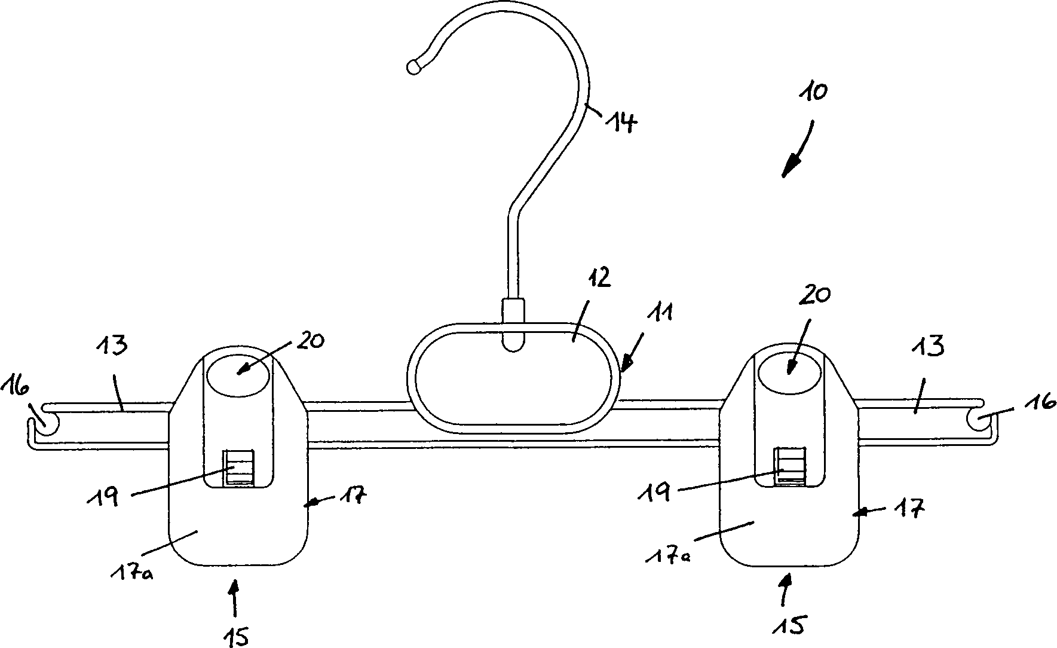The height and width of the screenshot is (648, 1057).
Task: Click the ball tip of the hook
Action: pyautogui.click(x=413, y=67)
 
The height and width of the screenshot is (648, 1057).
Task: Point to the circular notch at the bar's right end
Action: pyautogui.click(x=978, y=421)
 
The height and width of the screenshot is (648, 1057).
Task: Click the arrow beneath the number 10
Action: pyautogui.click(x=798, y=149)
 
